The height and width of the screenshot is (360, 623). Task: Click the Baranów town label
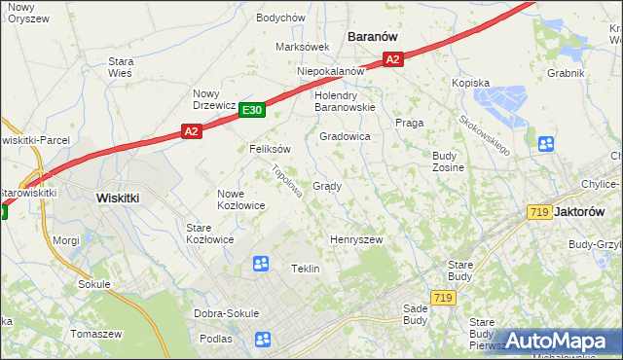point(373,36)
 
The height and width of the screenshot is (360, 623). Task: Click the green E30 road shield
point(252,111)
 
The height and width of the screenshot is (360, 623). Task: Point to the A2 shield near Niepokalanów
point(392,60)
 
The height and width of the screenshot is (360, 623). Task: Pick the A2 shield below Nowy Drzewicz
point(191,130)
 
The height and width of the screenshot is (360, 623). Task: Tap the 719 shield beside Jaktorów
point(537,212)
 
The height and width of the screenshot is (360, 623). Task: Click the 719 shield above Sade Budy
point(444,298)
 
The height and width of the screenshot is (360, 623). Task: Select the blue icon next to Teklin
point(260,264)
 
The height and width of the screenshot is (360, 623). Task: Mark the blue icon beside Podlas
point(262,339)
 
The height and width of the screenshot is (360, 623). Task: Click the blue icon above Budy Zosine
point(545,144)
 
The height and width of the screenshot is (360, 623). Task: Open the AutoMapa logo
point(556,342)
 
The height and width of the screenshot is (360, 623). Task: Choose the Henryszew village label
point(356,239)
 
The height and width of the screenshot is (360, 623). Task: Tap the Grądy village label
point(326,186)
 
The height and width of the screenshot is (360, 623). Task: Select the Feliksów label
point(270,150)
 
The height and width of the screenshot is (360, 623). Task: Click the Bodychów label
point(280,18)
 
